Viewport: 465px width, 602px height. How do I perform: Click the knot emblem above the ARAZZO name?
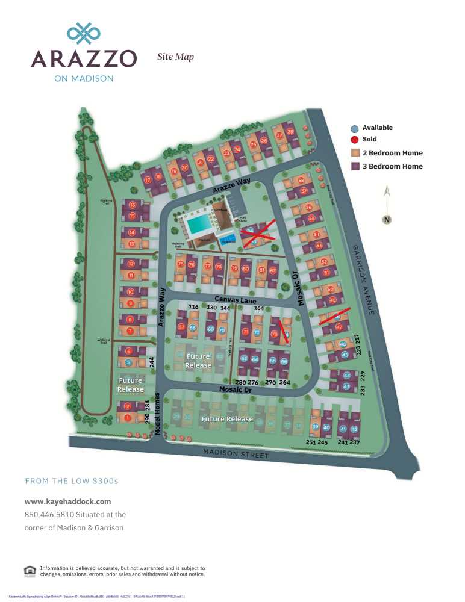click(83, 34)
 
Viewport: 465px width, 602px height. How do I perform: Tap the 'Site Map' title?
click(175, 57)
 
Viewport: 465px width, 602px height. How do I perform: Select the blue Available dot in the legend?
click(355, 128)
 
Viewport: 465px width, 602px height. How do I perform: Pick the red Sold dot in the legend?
click(355, 140)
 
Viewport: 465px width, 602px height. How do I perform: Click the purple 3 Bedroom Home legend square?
click(355, 166)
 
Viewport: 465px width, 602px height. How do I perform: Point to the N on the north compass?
click(387, 220)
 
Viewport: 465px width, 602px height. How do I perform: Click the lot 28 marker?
click(290, 132)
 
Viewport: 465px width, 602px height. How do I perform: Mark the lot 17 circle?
click(148, 179)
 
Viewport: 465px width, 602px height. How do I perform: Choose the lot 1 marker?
click(128, 418)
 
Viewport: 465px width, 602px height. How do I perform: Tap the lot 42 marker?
click(354, 429)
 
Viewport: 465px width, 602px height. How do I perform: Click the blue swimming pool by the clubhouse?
click(199, 225)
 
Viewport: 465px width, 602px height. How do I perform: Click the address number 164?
click(259, 308)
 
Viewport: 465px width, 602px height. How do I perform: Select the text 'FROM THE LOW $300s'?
click(72, 481)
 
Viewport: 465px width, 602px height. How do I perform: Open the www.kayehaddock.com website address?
click(68, 501)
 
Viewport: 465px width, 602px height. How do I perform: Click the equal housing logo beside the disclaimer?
click(30, 571)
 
